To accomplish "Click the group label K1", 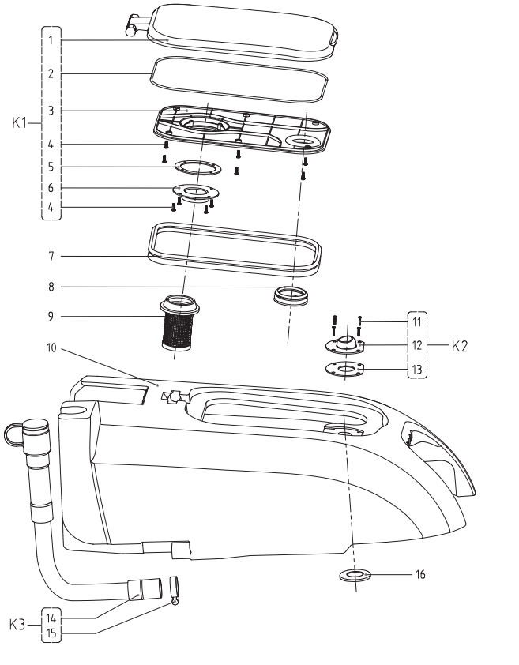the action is click(20, 123).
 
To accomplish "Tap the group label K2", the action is click(459, 346).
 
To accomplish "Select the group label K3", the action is click(17, 625).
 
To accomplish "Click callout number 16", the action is click(420, 574).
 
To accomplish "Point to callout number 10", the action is click(51, 348).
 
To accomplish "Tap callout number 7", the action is click(51, 256).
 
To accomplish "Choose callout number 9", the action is click(51, 317).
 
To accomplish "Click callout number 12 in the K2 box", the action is click(417, 345).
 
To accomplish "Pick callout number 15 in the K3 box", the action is click(51, 633).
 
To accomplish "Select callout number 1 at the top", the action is click(51, 41).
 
